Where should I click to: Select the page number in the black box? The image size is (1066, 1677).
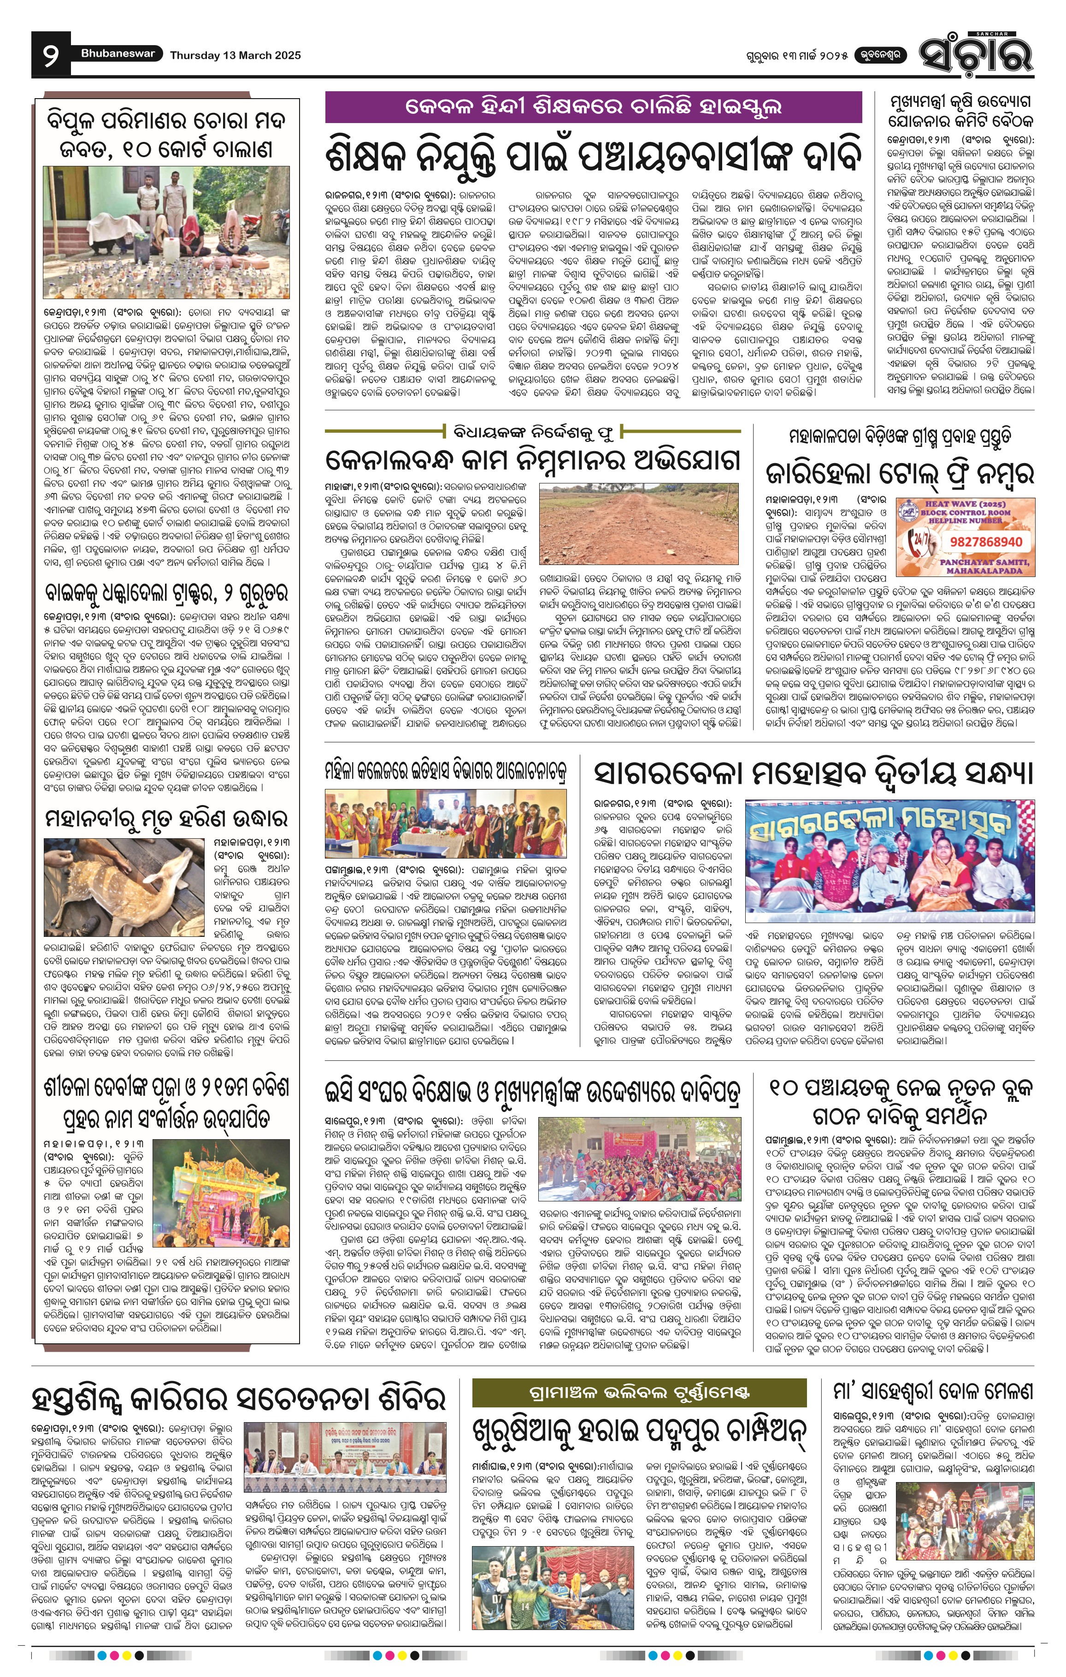(x=51, y=55)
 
